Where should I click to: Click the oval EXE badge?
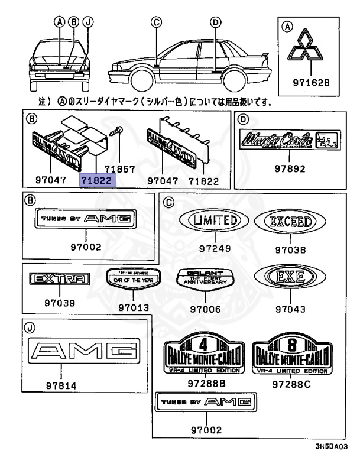pos(290,277)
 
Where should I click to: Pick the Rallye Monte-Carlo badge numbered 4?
pos(203,356)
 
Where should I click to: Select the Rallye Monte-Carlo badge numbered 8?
pos(291,356)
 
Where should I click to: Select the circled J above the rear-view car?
pos(87,22)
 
